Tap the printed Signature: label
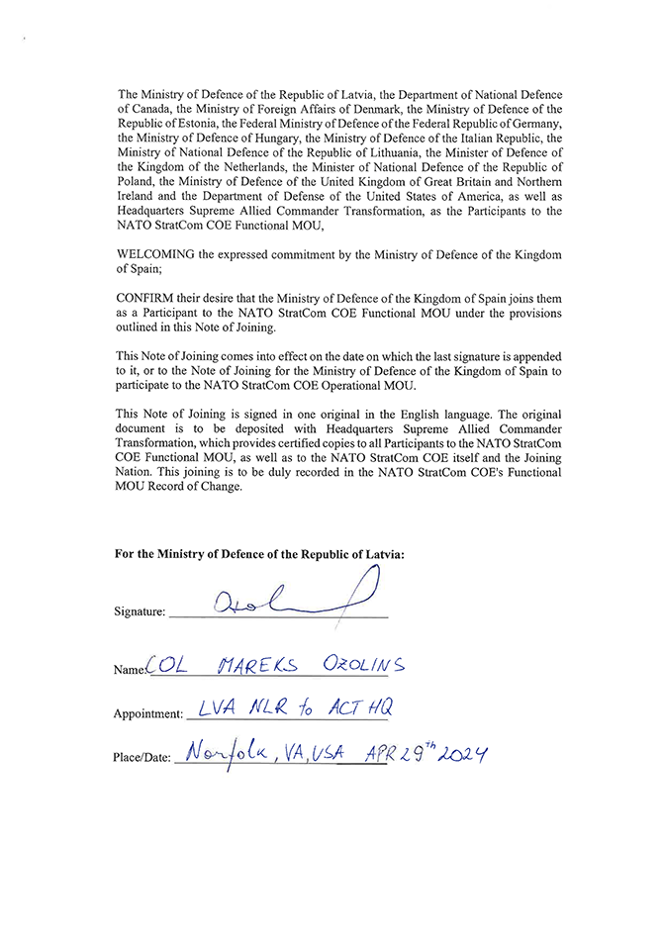pyautogui.click(x=140, y=613)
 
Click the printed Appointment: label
pyautogui.click(x=147, y=713)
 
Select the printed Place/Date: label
pyautogui.click(x=142, y=759)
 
